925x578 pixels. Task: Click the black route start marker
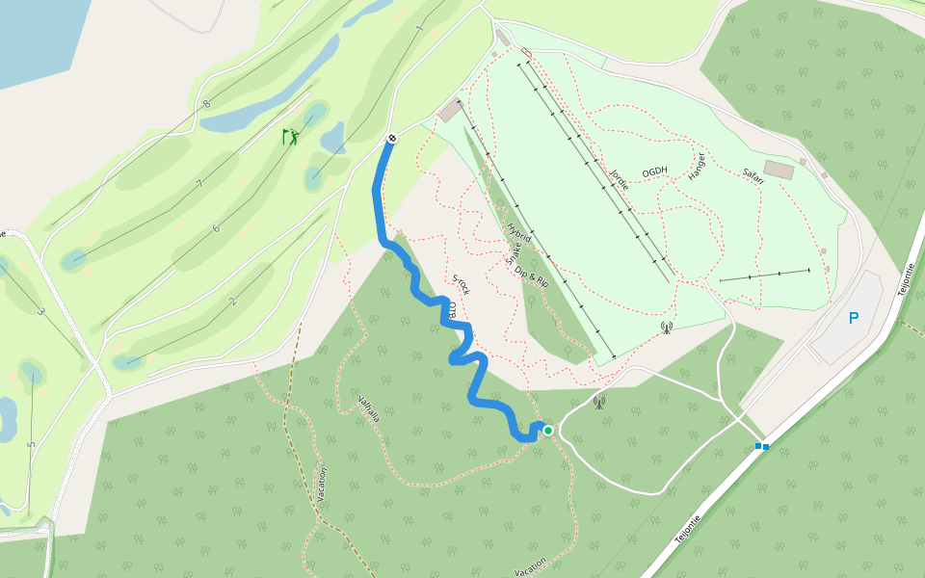click(392, 139)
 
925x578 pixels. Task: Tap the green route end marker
click(548, 430)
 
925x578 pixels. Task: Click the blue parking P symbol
click(853, 317)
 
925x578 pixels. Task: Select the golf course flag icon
click(290, 137)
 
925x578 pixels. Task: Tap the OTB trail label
click(451, 311)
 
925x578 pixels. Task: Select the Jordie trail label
click(619, 177)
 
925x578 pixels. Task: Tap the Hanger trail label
click(697, 167)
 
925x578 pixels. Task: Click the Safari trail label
click(753, 175)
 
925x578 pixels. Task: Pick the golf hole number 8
click(206, 104)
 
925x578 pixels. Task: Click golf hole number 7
click(199, 184)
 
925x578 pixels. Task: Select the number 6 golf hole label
click(216, 228)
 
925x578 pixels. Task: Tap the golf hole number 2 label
click(232, 302)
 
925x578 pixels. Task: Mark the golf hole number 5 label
click(31, 445)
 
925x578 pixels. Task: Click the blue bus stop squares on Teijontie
click(762, 446)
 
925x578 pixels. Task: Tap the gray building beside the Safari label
click(779, 171)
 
